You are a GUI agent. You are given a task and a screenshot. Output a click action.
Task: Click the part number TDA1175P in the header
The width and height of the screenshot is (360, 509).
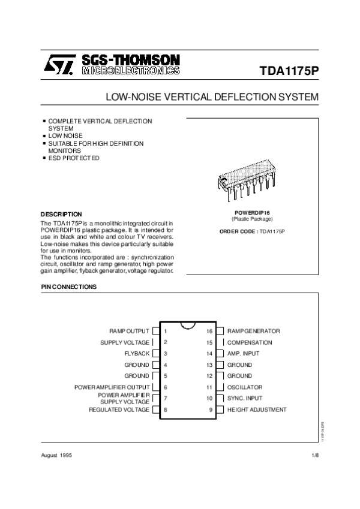pos(289,70)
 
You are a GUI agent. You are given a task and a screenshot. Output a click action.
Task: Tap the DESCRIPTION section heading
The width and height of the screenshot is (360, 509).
pos(61,214)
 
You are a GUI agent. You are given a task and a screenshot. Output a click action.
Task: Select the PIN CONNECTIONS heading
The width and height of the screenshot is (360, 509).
pos(69,287)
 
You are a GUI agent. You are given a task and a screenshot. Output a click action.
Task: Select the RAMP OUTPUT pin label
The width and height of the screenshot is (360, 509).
pos(129,331)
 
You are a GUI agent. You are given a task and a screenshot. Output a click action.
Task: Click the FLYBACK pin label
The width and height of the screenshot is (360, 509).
pos(137,354)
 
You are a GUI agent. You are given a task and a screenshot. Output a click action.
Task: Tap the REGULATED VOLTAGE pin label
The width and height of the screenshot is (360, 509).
pos(119,409)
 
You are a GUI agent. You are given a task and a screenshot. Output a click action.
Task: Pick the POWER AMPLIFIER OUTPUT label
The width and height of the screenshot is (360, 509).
pos(112,387)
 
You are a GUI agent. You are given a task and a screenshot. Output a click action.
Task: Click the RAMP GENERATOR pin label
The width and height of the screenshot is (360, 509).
pos(253,331)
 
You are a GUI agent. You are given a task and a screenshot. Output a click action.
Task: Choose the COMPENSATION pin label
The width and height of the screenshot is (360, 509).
pos(249,342)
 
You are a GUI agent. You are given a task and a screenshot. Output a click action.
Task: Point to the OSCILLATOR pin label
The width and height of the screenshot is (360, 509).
pos(244,387)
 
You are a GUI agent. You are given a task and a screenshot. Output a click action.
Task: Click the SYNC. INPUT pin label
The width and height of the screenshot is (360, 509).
pos(245,398)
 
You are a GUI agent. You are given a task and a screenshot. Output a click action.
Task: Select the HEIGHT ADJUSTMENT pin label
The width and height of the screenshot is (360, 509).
pos(256,409)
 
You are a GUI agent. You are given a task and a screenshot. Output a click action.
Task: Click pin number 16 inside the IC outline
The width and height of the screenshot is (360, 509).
pos(209,331)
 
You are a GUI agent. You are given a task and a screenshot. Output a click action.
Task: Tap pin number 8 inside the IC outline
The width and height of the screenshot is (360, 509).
pos(165,409)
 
